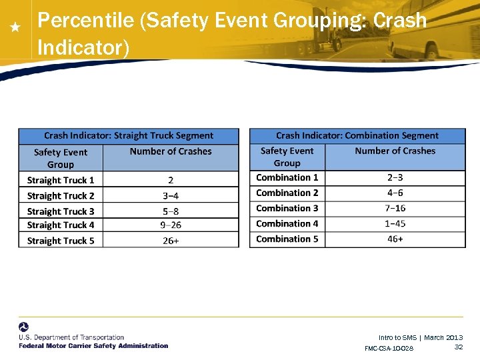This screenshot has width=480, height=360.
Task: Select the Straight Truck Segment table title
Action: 129,135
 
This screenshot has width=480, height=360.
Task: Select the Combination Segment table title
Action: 357,135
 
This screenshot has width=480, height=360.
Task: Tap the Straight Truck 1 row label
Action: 61,180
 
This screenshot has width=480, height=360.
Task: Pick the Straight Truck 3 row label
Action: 61,211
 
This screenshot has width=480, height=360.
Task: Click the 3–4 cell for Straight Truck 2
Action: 171,196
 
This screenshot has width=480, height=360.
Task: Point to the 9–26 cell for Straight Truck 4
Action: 171,225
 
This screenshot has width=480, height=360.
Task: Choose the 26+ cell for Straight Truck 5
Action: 171,241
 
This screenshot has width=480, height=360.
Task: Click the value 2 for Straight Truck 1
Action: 171,180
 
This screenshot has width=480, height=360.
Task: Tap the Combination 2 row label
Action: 287,193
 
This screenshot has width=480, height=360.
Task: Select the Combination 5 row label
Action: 287,239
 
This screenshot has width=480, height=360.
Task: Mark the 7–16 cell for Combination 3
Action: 395,208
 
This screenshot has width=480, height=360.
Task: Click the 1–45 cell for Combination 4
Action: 395,223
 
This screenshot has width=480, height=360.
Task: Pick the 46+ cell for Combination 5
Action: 395,239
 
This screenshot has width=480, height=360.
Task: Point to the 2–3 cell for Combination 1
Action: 395,177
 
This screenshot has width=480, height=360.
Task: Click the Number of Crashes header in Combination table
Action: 395,151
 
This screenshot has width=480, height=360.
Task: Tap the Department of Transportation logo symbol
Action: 24,327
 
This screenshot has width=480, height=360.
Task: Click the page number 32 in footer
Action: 458,347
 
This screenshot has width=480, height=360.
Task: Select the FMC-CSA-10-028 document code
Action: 389,348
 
